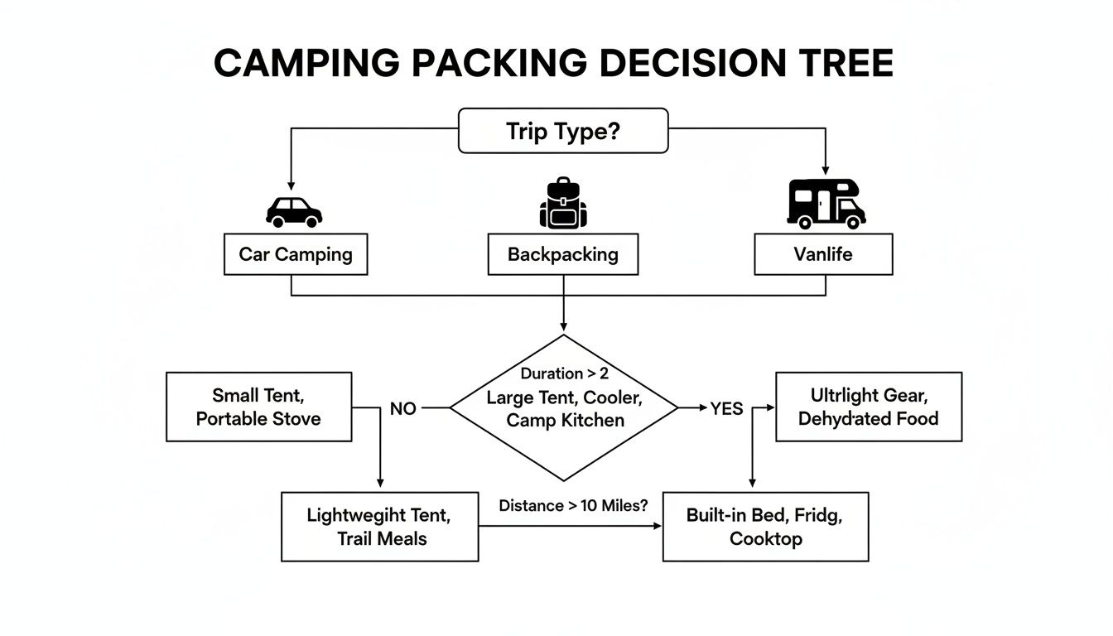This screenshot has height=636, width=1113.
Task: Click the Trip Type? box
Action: (x=563, y=131)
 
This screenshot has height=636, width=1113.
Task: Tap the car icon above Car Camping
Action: (x=294, y=211)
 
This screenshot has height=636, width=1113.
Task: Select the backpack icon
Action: (x=563, y=203)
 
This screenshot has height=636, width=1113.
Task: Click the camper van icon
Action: (x=825, y=203)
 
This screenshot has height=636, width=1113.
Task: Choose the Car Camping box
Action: (x=296, y=254)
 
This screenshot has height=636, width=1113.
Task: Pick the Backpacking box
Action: (x=563, y=254)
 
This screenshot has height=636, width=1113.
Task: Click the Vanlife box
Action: (x=823, y=254)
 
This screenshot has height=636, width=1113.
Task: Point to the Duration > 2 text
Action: (x=564, y=373)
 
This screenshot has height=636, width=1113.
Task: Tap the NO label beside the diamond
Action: (x=402, y=408)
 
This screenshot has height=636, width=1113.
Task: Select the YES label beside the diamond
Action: (x=726, y=408)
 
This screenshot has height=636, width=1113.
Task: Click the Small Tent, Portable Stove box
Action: (x=258, y=407)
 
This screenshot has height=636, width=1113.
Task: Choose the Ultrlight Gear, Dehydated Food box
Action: (x=868, y=407)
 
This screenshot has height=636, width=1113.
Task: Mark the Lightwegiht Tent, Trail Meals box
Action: (x=380, y=527)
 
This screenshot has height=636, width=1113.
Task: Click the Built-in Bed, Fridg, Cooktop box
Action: (x=765, y=527)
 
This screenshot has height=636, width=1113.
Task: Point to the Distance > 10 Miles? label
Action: (x=573, y=505)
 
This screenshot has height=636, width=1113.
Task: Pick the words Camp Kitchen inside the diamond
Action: (x=564, y=420)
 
